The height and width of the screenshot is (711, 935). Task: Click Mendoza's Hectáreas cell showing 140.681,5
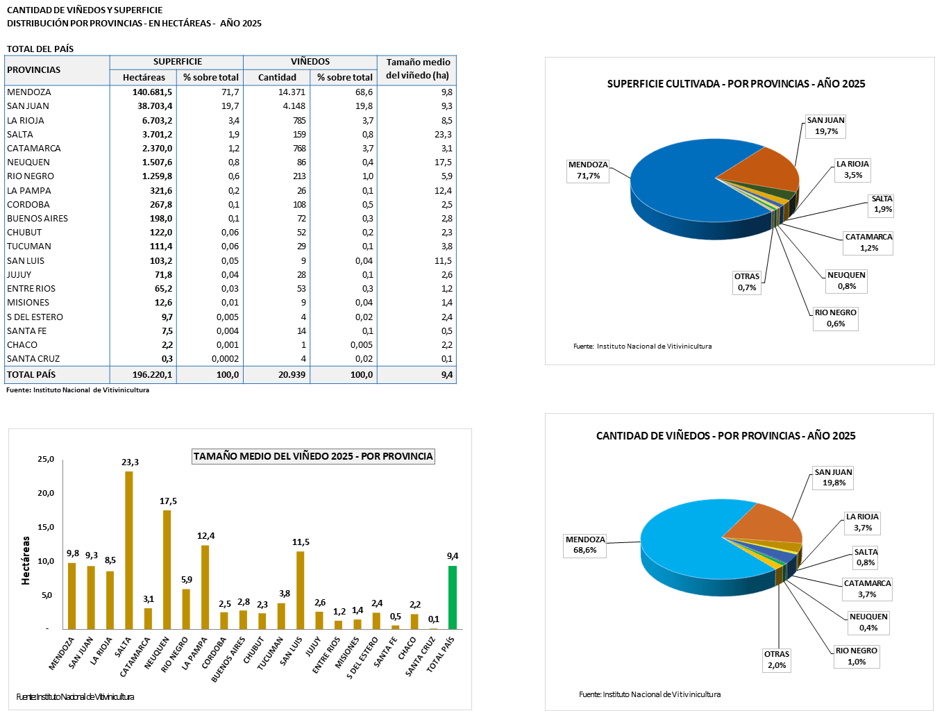coord(152,92)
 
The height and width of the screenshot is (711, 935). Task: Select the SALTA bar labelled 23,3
coord(129,549)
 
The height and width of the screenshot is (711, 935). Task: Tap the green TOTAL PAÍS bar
coord(453,597)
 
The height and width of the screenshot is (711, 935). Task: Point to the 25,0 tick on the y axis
coord(45,460)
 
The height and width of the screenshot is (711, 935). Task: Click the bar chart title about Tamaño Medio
coord(313,456)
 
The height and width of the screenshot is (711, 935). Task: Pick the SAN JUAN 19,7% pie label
coord(825,126)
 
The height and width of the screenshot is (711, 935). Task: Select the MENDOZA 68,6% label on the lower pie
coord(585,545)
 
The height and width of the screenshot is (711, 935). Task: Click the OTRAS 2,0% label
coord(777,660)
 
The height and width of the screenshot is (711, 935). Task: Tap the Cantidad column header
coord(277,78)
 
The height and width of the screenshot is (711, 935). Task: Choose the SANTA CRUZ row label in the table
coord(33,359)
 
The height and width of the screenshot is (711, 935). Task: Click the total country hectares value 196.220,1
coord(152,375)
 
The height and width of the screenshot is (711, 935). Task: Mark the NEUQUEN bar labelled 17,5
coord(167,569)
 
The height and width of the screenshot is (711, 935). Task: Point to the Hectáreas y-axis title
coord(26,560)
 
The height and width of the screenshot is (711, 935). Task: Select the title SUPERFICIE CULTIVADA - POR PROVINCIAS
coord(736,84)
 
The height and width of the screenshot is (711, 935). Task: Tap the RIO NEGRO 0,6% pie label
coord(836,318)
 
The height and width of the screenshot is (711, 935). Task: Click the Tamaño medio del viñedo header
coord(418,69)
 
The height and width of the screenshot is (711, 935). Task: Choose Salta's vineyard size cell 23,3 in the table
coord(441,135)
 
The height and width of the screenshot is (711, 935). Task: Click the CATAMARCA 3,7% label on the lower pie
coord(867,589)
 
